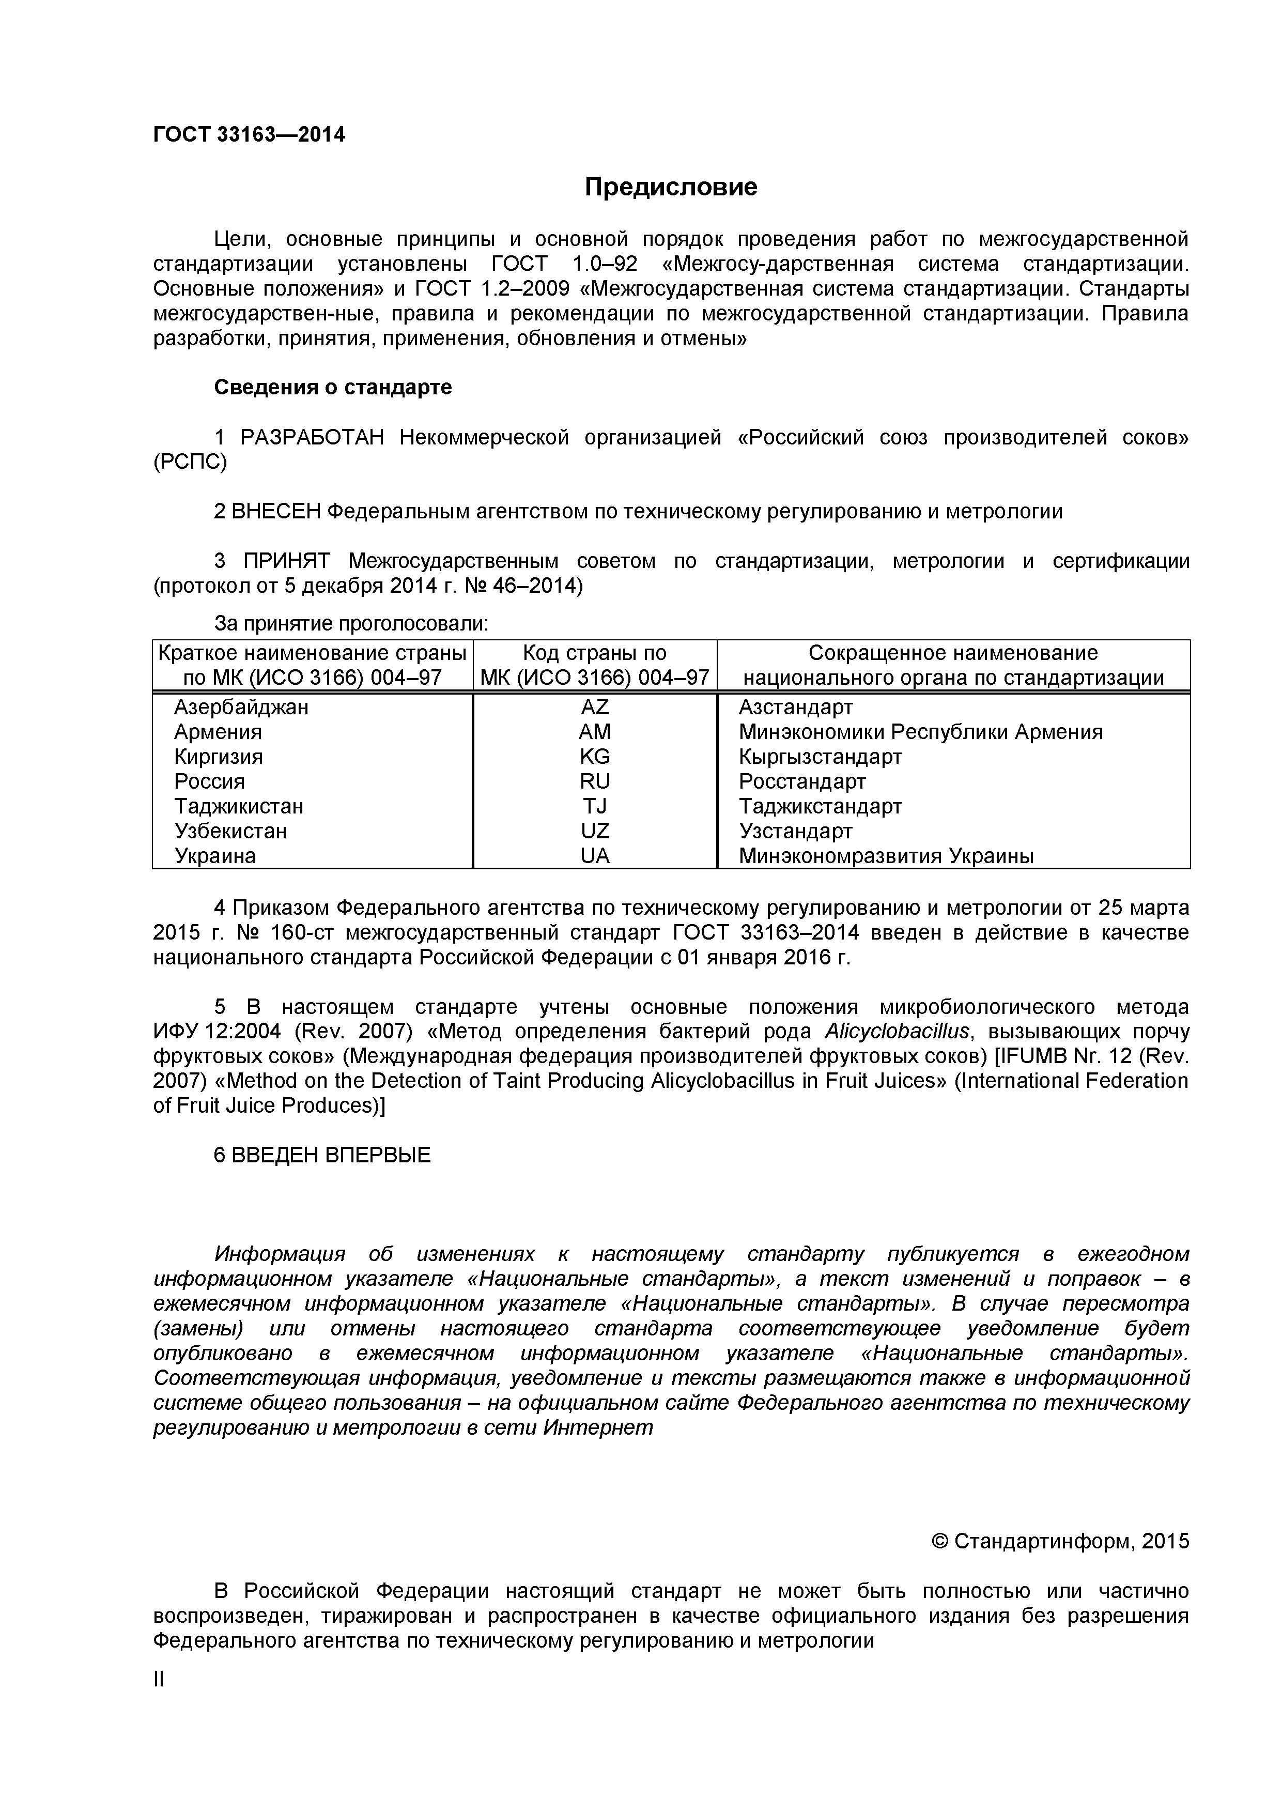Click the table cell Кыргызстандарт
pos(820,757)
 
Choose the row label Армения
pos(218,731)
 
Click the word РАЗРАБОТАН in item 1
pos(312,437)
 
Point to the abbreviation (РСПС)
pos(190,463)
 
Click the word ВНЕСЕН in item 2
pos(276,512)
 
